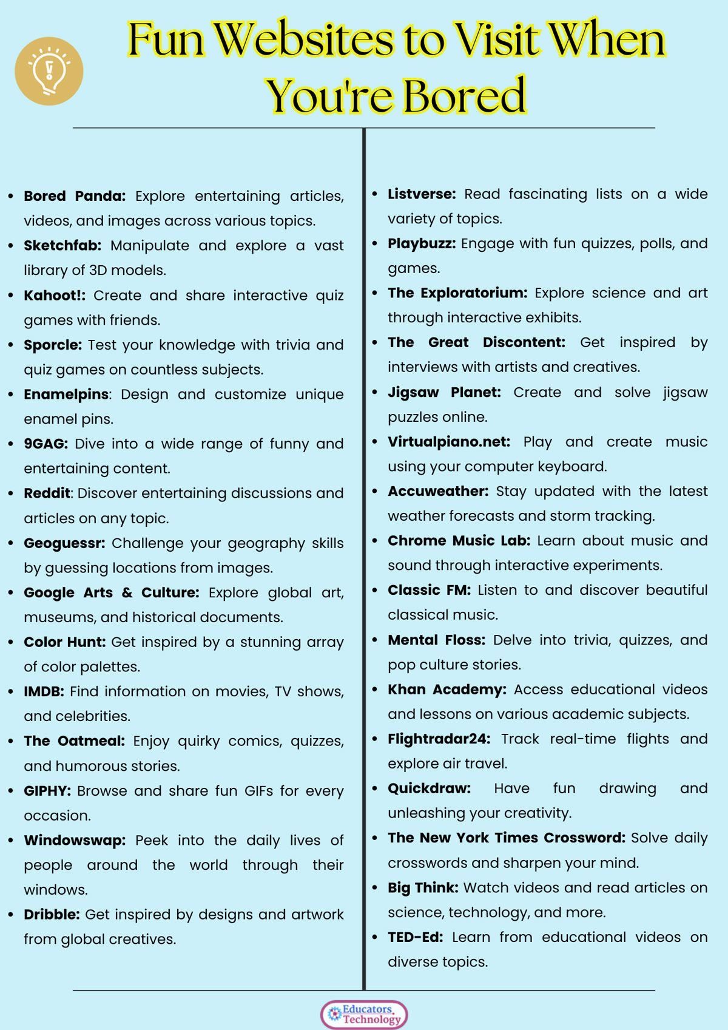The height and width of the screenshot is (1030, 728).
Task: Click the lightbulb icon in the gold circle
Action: pyautogui.click(x=49, y=71)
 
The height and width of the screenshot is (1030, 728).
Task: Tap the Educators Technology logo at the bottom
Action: pyautogui.click(x=364, y=1014)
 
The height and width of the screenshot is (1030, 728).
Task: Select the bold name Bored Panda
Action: pyautogui.click(x=75, y=196)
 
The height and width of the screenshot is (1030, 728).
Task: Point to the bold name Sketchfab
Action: pyautogui.click(x=62, y=246)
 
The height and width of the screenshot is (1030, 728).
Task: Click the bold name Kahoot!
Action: pyautogui.click(x=55, y=296)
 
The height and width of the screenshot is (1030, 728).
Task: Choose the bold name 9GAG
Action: pyautogui.click(x=45, y=444)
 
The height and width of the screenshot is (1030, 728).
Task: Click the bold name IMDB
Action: pyautogui.click(x=44, y=691)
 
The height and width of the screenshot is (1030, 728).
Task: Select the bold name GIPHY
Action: pyautogui.click(x=47, y=791)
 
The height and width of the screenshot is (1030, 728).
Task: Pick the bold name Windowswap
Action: pyautogui.click(x=75, y=841)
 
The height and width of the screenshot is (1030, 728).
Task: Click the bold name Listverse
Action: pyautogui.click(x=422, y=194)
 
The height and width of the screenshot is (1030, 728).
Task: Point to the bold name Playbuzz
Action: pyautogui.click(x=422, y=243)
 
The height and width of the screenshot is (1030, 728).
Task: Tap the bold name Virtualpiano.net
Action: pyautogui.click(x=449, y=442)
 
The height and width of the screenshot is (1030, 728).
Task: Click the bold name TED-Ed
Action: pyautogui.click(x=416, y=937)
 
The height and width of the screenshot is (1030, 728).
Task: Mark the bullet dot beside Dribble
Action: pyautogui.click(x=11, y=915)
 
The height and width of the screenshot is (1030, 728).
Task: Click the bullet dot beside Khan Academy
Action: pyautogui.click(x=375, y=690)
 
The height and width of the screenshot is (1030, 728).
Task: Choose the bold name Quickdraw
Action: pyautogui.click(x=430, y=788)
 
